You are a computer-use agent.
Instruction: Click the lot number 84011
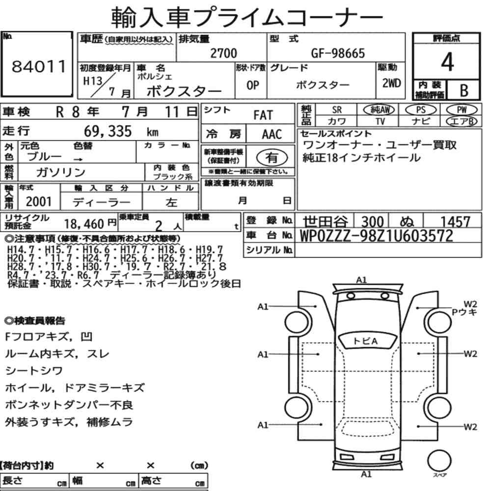click(x=39, y=66)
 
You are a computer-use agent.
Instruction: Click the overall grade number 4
click(x=447, y=62)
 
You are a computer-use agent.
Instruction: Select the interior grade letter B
click(x=464, y=90)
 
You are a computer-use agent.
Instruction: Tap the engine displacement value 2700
click(x=223, y=53)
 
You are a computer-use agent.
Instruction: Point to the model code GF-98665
click(x=338, y=53)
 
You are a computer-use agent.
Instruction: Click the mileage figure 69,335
click(x=108, y=131)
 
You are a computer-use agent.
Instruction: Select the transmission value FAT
click(x=263, y=115)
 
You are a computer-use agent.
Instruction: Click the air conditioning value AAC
click(x=272, y=134)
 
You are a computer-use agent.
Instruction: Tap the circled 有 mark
click(x=272, y=157)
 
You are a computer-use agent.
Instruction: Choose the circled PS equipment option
click(x=421, y=110)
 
